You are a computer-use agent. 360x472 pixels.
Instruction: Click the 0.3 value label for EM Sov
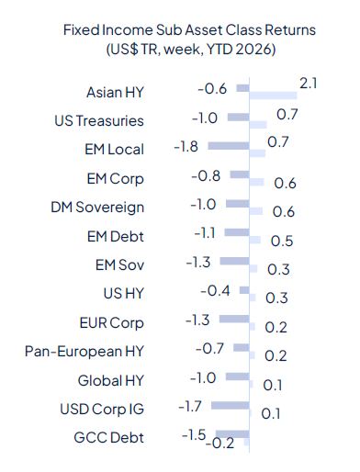point(277,269)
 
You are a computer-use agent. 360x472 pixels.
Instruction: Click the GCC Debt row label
point(110,437)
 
